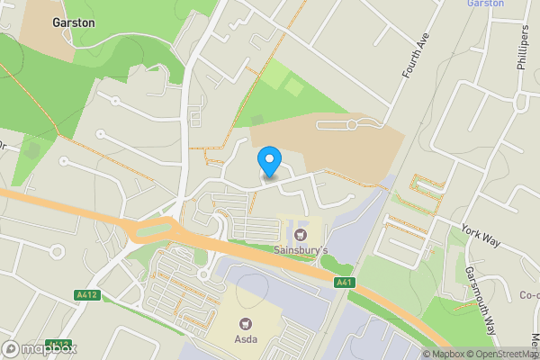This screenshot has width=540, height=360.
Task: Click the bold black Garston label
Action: (x=74, y=22)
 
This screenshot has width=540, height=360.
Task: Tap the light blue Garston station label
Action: (x=485, y=4)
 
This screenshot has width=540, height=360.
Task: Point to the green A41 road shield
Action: (x=344, y=283)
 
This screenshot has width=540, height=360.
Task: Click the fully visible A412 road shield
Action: (x=86, y=294)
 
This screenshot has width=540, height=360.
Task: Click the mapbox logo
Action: (x=39, y=348)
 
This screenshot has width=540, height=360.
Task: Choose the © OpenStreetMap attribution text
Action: (x=506, y=354)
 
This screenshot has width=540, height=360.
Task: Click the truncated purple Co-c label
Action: (x=529, y=294)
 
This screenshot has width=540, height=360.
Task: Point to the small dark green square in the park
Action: (x=257, y=119)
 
